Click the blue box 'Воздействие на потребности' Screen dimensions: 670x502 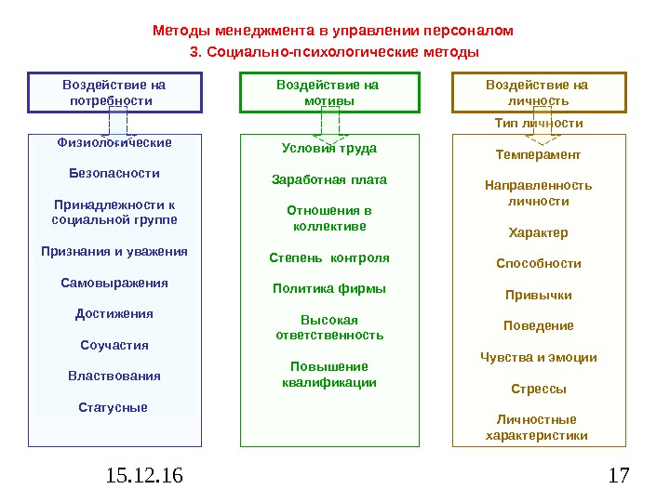tap(115, 92)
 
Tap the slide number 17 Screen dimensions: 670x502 tap(617, 477)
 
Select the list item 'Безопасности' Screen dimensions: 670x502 tap(114, 173)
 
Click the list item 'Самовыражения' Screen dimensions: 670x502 tap(114, 283)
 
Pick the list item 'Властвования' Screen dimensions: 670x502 tap(114, 376)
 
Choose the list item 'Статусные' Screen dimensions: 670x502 tap(114, 407)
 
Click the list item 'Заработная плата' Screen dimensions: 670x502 tap(328, 179)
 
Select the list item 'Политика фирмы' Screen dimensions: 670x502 tap(328, 288)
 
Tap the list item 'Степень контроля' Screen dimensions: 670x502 tap(328, 258)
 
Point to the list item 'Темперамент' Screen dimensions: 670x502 tap(538, 154)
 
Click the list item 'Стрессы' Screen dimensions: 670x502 tap(538, 389)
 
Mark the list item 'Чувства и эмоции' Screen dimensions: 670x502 tap(538, 357)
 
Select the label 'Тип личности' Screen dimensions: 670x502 tap(538, 123)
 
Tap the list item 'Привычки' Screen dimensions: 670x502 tap(538, 295)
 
